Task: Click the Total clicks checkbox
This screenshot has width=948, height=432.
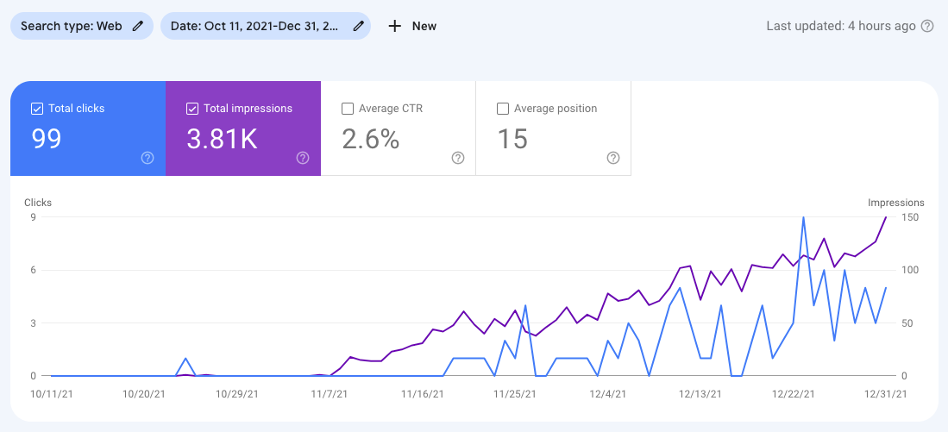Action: coord(37,109)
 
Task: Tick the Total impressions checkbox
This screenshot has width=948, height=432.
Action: coord(192,109)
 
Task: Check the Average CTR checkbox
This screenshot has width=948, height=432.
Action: coord(348,109)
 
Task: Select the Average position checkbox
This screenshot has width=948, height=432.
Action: coord(503,109)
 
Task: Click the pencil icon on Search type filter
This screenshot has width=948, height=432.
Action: coord(138,26)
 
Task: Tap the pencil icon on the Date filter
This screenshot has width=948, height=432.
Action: coord(358,26)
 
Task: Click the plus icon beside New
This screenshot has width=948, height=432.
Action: coord(395,26)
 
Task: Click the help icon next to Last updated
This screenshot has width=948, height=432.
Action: coord(927,26)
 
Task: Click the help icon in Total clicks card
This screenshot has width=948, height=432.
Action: coord(148,158)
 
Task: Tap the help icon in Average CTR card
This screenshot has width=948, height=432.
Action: coord(458,158)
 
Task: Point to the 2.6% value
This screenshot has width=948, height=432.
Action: coord(371,139)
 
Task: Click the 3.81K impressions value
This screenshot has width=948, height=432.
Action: coord(222,139)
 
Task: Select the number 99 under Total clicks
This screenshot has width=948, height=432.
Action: coord(47,139)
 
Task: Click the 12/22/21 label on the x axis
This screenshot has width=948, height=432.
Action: coord(794,394)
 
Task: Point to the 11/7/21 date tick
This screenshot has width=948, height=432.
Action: coord(328,394)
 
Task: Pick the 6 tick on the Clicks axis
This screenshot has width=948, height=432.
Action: coord(33,270)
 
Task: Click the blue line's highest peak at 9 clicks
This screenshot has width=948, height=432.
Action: coord(804,217)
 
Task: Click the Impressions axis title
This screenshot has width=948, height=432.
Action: coord(895,203)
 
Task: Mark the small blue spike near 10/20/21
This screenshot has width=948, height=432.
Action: coord(186,359)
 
